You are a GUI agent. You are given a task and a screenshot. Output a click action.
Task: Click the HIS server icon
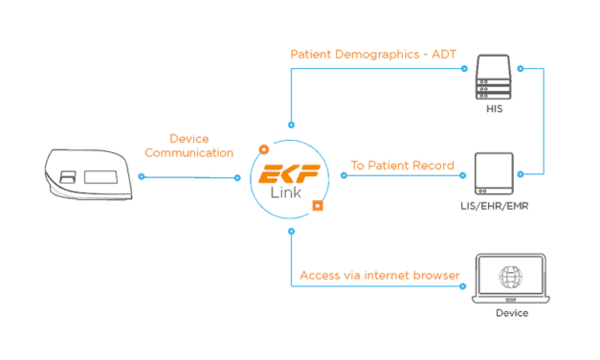(495, 80)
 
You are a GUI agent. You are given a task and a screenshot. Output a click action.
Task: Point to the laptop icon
(511, 278)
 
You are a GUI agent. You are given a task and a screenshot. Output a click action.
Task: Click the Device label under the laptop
(511, 313)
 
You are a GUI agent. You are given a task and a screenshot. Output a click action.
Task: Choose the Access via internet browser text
(380, 276)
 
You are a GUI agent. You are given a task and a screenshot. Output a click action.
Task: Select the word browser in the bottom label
(434, 276)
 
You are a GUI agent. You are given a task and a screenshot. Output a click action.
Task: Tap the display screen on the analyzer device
(100, 178)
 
